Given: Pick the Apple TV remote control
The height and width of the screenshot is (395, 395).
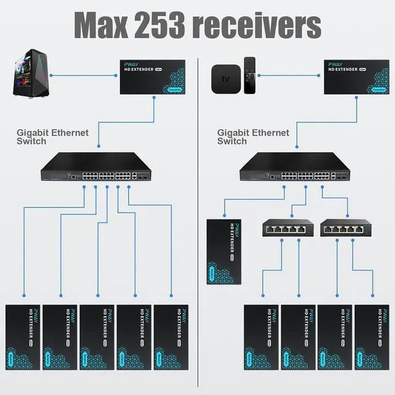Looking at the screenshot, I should click(249, 75).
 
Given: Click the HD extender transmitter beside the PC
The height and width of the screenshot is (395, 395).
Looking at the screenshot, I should click(153, 77).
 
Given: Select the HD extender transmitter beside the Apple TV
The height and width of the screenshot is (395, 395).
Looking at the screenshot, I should click(355, 77).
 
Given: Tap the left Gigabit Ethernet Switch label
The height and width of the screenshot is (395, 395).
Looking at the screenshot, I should click(52, 136).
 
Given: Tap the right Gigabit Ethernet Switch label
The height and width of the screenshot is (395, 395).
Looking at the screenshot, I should click(253, 136).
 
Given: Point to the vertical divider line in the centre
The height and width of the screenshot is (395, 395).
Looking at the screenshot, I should click(197, 222).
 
